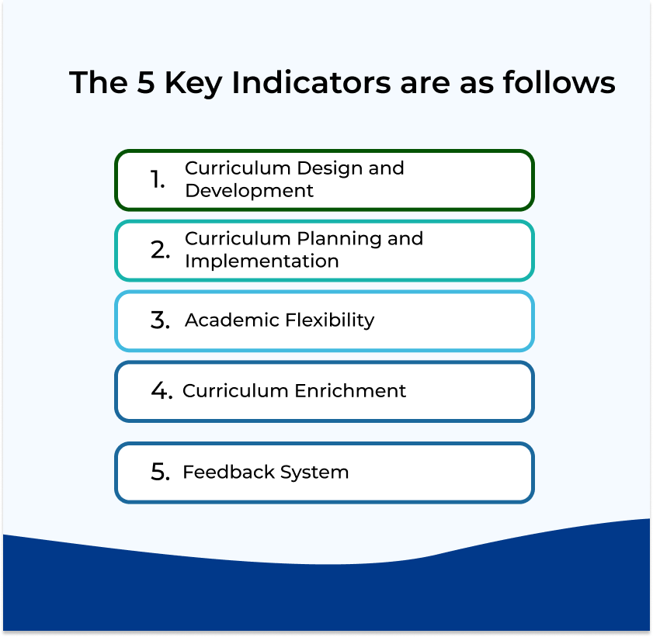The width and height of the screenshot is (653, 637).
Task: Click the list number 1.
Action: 158,180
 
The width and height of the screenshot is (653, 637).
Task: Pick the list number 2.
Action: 160,250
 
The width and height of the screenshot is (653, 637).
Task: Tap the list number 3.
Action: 160,320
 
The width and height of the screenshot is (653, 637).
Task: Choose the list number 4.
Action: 162,391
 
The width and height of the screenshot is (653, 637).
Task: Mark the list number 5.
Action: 160,472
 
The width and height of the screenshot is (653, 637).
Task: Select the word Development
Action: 249,191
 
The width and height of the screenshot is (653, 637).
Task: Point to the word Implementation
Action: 262,261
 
